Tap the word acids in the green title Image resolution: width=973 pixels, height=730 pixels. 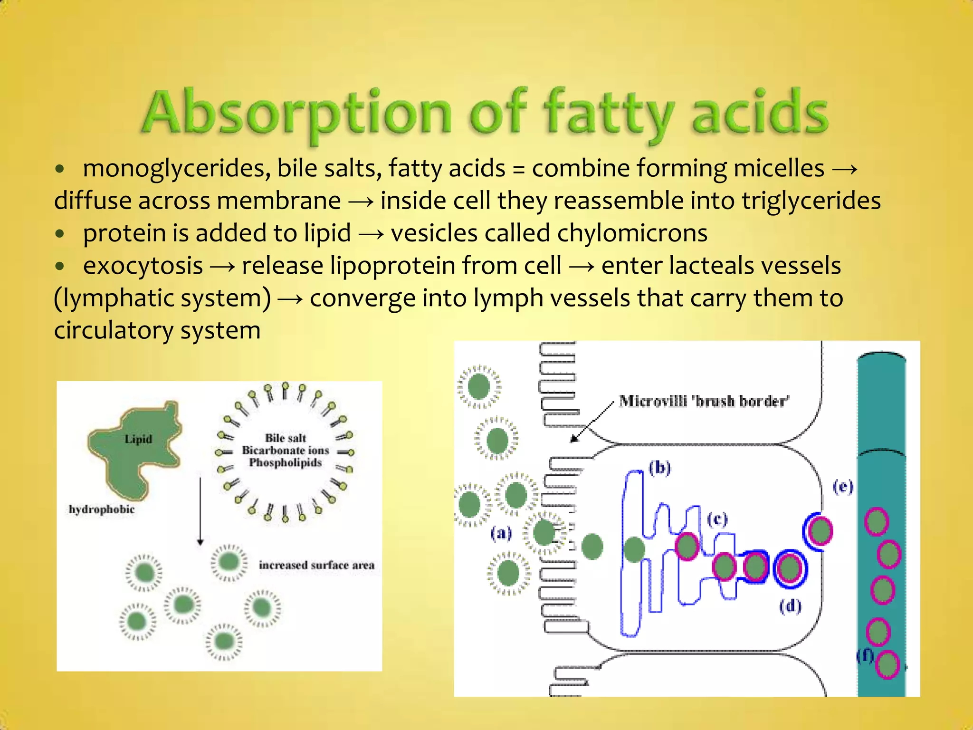click(x=760, y=113)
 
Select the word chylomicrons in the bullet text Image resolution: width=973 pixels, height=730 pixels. click(x=632, y=233)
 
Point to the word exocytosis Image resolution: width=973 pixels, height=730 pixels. click(x=143, y=266)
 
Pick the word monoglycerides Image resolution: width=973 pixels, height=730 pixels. click(x=176, y=168)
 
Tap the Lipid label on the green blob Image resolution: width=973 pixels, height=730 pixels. click(x=138, y=439)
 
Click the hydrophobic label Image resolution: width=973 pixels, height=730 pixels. click(x=102, y=509)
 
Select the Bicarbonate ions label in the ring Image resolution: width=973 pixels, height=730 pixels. click(x=286, y=450)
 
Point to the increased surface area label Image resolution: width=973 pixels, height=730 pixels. click(x=316, y=565)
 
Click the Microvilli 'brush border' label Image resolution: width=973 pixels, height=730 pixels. click(x=704, y=401)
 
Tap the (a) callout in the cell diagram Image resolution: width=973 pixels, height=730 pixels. click(x=501, y=533)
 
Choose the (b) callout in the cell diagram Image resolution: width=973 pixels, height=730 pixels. click(x=659, y=468)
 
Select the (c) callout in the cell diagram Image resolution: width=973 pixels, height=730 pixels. click(x=717, y=519)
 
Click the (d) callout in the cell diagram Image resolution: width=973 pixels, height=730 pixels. click(x=790, y=606)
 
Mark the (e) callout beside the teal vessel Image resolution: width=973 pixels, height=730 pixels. click(x=843, y=486)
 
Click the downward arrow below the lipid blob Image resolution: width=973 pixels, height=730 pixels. click(x=200, y=511)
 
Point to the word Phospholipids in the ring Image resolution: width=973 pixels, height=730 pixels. click(x=286, y=462)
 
